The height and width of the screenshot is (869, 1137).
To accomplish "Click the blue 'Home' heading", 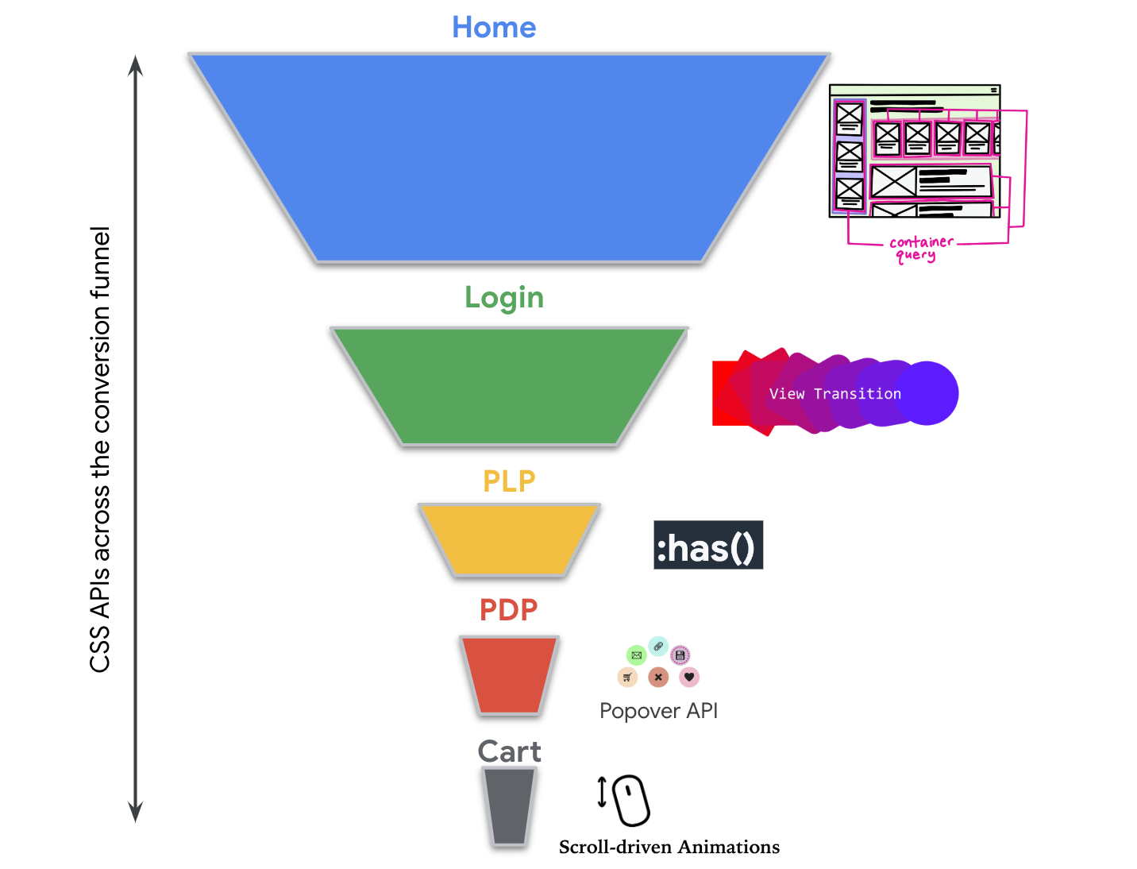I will [x=494, y=28].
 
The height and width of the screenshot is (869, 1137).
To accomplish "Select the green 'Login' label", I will [x=504, y=298].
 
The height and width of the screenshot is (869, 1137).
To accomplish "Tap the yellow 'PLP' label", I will [x=509, y=481].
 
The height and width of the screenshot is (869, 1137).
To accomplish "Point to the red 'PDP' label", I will [x=508, y=610].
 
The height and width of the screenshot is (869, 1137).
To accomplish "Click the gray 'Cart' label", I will [x=509, y=751].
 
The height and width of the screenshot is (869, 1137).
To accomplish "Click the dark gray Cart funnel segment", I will [x=509, y=806].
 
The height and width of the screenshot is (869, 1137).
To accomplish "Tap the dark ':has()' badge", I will [x=708, y=546].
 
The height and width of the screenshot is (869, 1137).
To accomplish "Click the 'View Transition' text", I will [x=835, y=394].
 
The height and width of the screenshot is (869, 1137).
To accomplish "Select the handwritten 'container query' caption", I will [x=919, y=248].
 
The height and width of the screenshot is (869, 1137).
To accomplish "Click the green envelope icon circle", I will [x=636, y=655].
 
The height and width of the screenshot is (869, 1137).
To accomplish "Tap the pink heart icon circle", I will [x=689, y=678].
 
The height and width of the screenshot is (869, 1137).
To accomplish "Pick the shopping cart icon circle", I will [x=627, y=678].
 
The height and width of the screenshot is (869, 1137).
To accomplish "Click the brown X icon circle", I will [x=658, y=678].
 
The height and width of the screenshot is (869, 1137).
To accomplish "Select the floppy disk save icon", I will [x=680, y=655].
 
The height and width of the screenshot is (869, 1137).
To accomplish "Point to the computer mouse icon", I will [x=631, y=801].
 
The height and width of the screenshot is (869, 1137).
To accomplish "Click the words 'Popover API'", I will [x=658, y=711].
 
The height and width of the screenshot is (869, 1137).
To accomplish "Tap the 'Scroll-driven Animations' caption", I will [x=669, y=848].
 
